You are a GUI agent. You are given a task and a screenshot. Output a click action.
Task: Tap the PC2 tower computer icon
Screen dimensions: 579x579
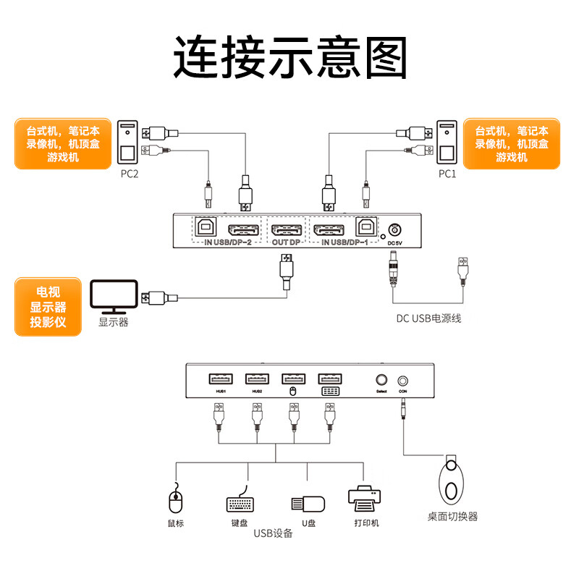(127, 144)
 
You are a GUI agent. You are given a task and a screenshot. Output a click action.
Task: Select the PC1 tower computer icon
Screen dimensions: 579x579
(448, 144)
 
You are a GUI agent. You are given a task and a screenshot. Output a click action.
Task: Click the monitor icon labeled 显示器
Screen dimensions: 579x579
(113, 297)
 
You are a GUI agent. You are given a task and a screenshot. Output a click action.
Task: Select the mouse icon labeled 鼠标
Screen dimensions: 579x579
(175, 499)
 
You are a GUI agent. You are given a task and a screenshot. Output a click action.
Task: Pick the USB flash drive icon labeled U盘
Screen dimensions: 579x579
(307, 504)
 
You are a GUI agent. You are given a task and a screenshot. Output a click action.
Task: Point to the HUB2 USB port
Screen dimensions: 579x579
(257, 379)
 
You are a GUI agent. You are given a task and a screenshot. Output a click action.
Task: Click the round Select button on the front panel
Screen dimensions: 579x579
(381, 379)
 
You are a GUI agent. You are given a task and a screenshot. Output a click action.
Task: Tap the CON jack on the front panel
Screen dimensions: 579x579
(403, 379)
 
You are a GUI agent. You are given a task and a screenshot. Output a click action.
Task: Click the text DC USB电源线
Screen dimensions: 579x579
(428, 318)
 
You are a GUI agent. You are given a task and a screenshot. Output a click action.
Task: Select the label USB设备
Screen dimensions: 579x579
(273, 534)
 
